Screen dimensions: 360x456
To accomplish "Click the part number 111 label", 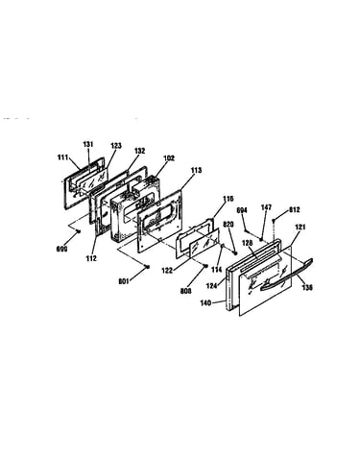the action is pos(62,157).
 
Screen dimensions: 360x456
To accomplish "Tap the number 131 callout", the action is pos(88,144).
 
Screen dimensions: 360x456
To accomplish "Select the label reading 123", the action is pos(116,146).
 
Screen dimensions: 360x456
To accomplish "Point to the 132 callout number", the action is pos(139,151).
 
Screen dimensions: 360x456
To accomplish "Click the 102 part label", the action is pos(169,158).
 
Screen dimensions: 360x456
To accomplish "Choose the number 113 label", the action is pos(196,170).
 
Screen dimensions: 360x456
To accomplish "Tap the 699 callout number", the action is pos(62,249).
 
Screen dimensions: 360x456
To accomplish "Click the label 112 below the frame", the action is pos(91,258).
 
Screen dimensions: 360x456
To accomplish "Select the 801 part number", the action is pos(124,281).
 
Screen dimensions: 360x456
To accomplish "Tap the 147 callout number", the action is pos(266,207).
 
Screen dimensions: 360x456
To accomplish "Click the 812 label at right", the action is pos(295,210).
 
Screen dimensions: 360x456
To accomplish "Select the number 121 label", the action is pos(300,228).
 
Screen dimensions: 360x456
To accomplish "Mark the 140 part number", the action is pos(205,302).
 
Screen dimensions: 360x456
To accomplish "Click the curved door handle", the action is pos(287,275).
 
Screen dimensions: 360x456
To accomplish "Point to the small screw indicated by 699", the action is pos(78,231).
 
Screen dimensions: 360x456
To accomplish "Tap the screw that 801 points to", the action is pos(147,266).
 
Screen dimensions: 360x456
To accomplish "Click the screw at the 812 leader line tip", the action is pos(274,221).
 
